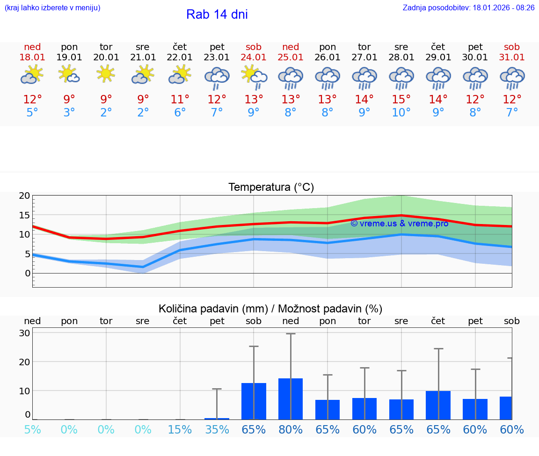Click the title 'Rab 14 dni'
click(x=217, y=14)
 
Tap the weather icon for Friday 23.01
click(x=217, y=78)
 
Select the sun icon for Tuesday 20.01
click(x=106, y=74)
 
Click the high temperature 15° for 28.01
click(x=401, y=100)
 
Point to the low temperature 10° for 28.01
click(x=401, y=113)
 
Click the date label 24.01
click(x=254, y=58)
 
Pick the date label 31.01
click(x=512, y=58)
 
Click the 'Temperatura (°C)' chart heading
click(x=271, y=188)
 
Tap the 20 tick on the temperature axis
click(x=25, y=195)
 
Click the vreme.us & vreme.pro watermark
click(x=399, y=224)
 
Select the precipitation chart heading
click(x=270, y=309)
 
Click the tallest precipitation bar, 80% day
click(x=291, y=399)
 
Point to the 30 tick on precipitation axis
click(x=25, y=333)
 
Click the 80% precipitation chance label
click(x=291, y=430)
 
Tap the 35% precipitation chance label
click(x=217, y=430)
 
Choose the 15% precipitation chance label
click(x=180, y=430)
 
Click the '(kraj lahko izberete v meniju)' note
click(x=52, y=8)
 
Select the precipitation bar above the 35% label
click(x=217, y=419)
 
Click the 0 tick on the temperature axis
click(x=28, y=273)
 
